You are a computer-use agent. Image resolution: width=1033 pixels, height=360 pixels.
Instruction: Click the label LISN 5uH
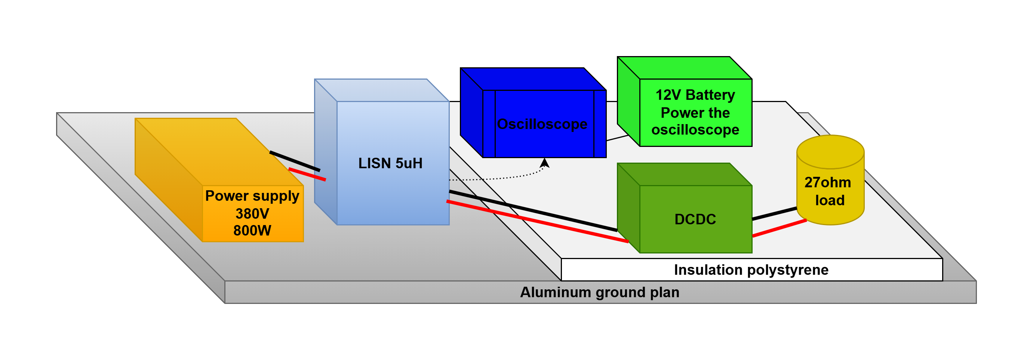click(x=390, y=163)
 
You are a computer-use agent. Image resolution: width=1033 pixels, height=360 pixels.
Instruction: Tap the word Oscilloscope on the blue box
click(x=542, y=124)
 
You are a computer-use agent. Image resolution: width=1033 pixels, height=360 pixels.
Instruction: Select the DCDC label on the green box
click(x=695, y=219)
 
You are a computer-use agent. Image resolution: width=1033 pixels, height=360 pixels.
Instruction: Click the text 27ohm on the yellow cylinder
click(x=828, y=182)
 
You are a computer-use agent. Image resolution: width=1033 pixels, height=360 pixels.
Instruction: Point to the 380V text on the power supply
click(x=252, y=214)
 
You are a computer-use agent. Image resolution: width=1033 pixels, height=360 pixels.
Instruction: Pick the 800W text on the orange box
click(x=252, y=231)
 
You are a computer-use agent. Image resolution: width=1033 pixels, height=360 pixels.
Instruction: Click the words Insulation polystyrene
click(x=751, y=270)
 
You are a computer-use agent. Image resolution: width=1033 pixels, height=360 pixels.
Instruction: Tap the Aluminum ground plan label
click(x=600, y=292)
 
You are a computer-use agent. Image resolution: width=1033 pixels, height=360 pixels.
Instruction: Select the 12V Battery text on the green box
click(x=695, y=95)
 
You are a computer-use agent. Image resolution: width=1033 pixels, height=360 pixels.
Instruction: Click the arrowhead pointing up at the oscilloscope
click(x=544, y=163)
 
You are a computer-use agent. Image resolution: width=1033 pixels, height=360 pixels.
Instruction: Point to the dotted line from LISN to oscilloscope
click(x=497, y=178)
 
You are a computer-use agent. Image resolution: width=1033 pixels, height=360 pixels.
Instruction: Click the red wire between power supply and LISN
click(x=307, y=174)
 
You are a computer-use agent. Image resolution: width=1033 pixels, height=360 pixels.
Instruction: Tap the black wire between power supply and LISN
click(x=295, y=161)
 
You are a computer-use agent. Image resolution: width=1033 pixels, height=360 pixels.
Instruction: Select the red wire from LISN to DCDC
click(x=537, y=221)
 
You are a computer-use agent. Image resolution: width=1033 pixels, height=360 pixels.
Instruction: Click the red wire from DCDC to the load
click(x=779, y=228)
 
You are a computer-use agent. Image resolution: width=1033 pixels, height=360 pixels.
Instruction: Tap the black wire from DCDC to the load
click(x=774, y=214)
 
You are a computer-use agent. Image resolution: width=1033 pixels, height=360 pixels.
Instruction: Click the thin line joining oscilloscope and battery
click(x=618, y=138)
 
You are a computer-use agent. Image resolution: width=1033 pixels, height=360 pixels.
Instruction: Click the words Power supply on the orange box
click(x=252, y=196)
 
